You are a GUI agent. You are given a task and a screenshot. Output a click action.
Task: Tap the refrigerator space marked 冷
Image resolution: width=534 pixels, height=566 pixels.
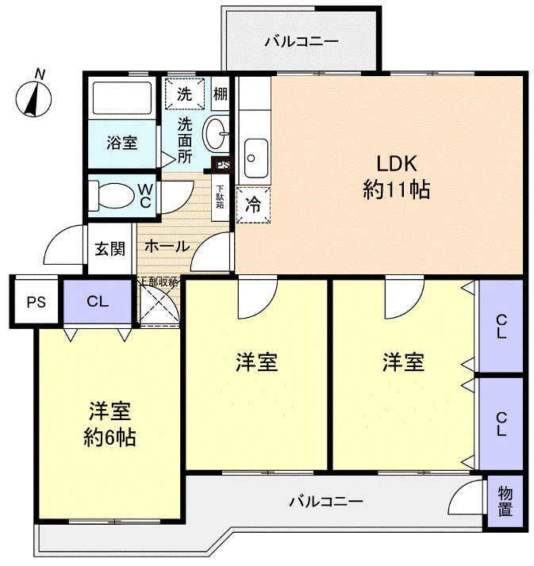pos(253,204)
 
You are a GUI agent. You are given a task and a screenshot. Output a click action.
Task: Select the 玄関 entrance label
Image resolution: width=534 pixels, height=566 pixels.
pos(110,248)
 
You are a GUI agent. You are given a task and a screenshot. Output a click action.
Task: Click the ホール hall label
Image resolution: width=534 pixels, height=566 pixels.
pos(167,247)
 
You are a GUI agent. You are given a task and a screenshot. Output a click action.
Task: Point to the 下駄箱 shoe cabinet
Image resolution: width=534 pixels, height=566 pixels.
pos(220,195)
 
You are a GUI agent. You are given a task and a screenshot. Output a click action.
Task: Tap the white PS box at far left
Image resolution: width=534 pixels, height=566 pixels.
pos(35,301)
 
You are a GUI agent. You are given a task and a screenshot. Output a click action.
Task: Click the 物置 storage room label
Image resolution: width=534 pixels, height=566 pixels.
pos(505,501)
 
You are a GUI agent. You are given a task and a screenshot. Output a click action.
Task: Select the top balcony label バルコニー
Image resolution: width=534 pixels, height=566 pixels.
pos(302,40)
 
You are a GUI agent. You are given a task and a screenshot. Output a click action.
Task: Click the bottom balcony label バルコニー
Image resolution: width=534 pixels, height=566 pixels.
pos(325,501)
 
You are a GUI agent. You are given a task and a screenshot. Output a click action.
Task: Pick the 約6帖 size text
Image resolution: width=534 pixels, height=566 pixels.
pos(109,437)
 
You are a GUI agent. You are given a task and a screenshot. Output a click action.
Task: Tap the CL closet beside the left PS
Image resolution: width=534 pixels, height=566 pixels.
pos(98,301)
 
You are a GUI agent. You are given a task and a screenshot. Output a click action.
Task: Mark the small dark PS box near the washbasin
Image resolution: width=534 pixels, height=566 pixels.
pos(222,166)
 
